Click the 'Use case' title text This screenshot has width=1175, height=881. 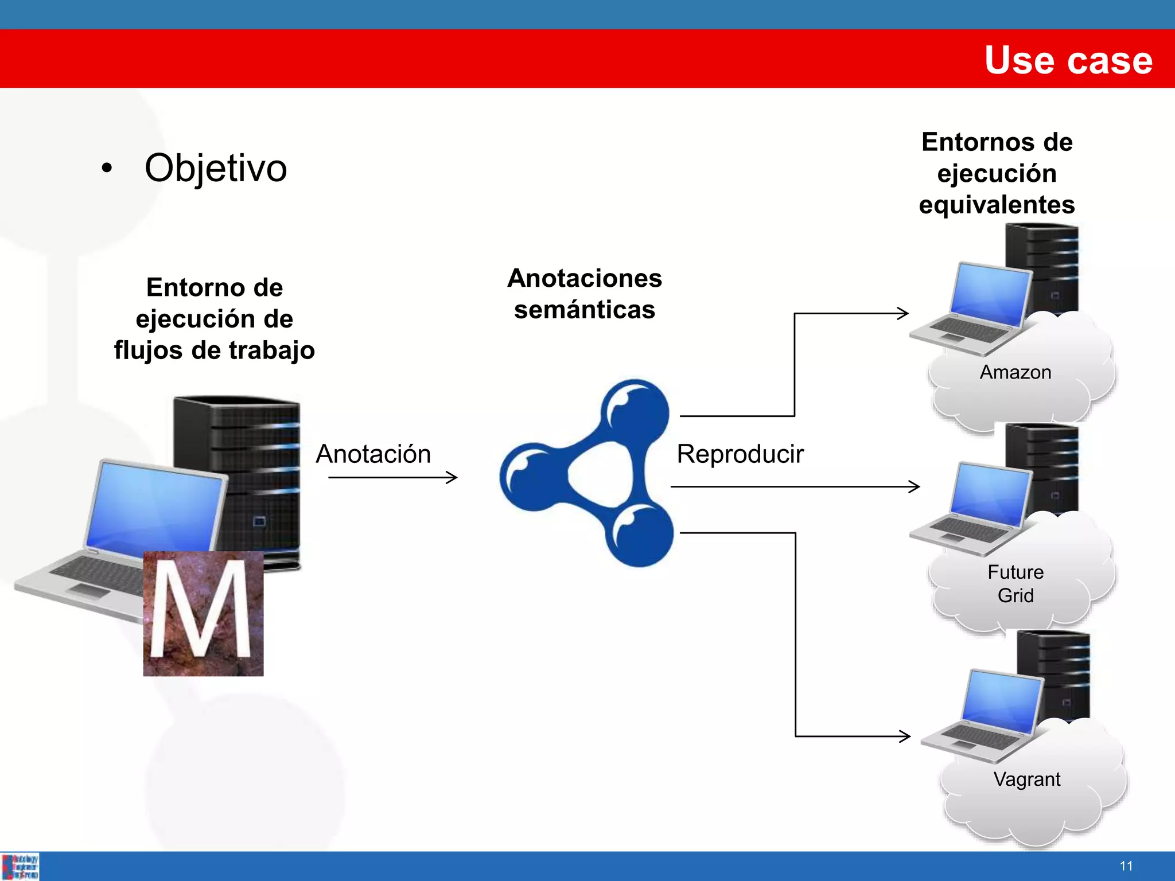pos(1068,60)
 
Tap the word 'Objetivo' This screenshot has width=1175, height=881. pos(215,168)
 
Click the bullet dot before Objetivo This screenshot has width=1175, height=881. pos(107,168)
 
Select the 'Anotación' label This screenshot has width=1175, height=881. pos(373,454)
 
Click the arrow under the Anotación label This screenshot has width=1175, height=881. pos(392,477)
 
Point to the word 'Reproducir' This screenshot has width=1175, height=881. pos(740,454)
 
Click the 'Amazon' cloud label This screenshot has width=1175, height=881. pos(1015,372)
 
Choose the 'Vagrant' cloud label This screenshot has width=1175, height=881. pos(1026,779)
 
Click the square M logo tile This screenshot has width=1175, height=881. pos(203,613)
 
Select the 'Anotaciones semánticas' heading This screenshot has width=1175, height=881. pos(585,294)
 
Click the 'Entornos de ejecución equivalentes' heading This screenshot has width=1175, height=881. pos(997,173)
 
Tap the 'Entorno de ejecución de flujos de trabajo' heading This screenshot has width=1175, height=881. pos(214,319)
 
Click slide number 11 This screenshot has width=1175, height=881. pos(1126,866)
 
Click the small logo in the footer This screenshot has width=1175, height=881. pos(20,866)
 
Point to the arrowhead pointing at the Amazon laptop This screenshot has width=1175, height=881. pos(903,313)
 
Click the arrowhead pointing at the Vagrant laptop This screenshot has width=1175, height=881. pos(905,736)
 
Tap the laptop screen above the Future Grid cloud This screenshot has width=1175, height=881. pos(989,494)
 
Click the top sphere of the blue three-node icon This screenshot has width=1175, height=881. pos(636,411)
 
